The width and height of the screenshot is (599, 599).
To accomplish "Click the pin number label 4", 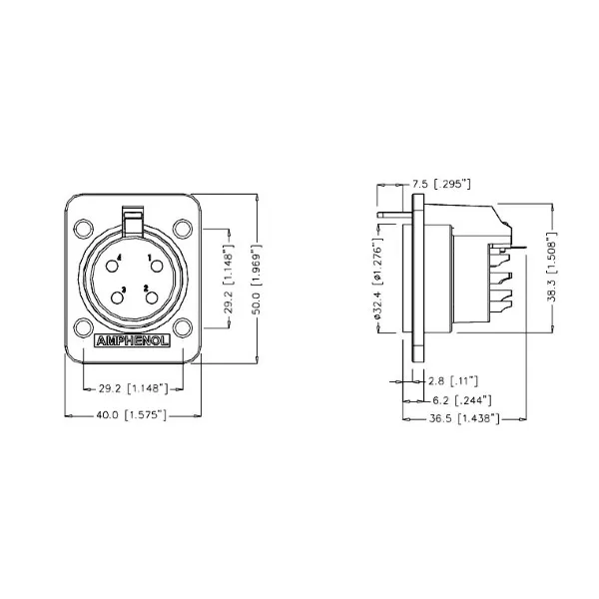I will pos(120,258).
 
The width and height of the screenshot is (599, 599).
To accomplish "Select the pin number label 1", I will pos(150,258).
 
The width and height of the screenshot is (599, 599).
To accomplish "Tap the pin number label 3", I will pos(123,291).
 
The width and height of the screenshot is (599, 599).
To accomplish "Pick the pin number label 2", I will pos(146,290).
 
